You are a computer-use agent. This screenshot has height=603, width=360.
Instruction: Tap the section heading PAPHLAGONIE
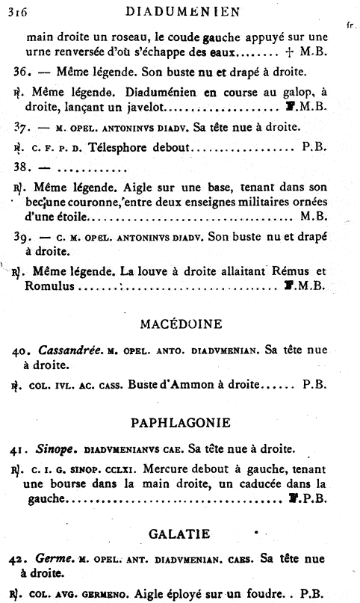point(180,423)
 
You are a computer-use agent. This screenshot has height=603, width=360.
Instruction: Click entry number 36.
point(21,72)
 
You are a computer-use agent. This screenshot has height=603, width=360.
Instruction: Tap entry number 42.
point(21,559)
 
